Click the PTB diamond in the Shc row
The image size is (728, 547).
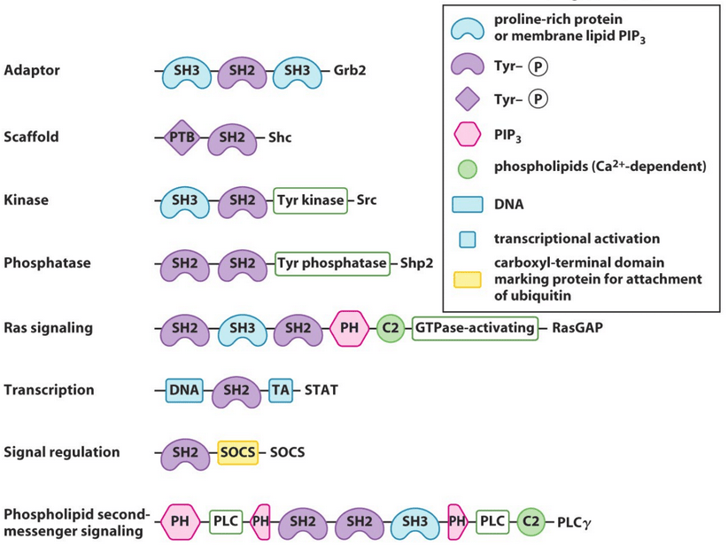182,138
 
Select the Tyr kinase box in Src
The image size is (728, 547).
310,200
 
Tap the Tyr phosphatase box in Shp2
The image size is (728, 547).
332,263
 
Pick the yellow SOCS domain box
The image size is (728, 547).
237,452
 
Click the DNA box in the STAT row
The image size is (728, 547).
184,390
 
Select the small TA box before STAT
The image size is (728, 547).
280,390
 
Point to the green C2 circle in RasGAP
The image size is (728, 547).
389,328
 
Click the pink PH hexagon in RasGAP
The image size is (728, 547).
350,328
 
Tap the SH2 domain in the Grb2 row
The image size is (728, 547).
241,70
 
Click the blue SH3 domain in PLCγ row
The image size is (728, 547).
414,522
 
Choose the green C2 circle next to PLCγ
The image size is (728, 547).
531,522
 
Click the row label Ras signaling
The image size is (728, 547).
48,328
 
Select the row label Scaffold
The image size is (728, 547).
31,137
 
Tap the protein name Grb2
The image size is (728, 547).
350,70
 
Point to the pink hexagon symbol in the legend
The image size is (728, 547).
467,136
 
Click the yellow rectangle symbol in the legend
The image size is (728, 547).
467,279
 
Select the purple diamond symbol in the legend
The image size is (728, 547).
467,99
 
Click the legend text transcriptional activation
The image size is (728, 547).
577,238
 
